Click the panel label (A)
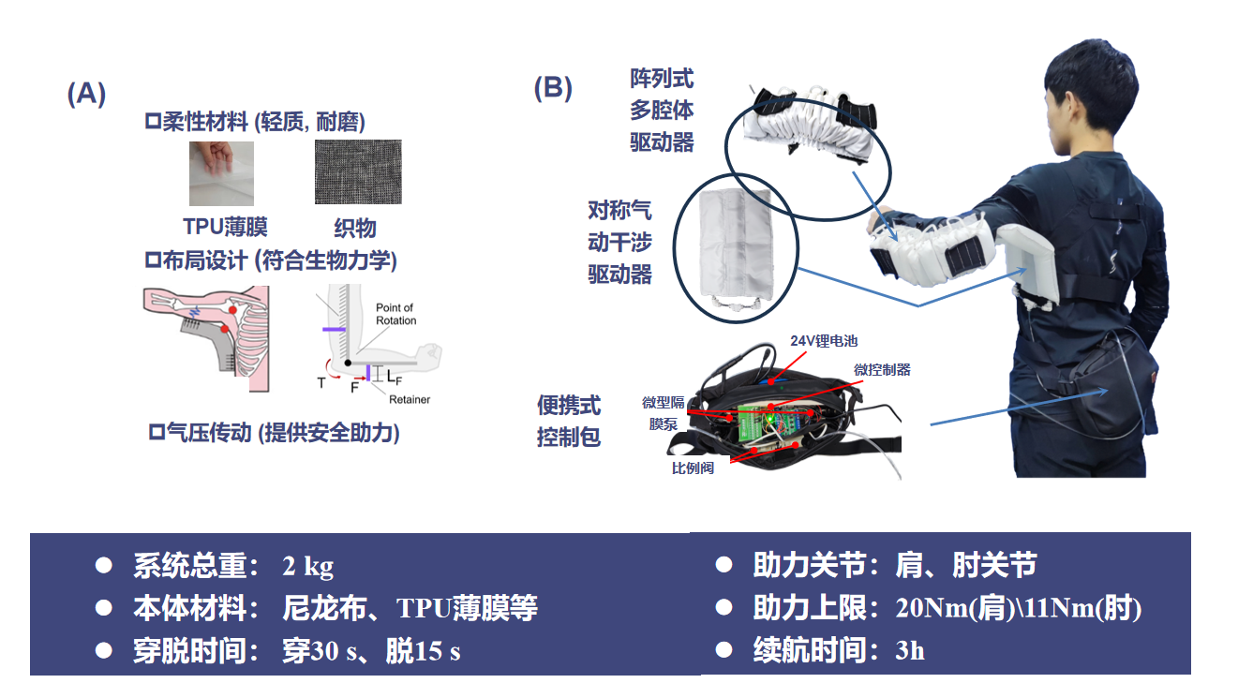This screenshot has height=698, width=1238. pyautogui.click(x=86, y=93)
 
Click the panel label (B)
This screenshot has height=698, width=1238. pyautogui.click(x=553, y=88)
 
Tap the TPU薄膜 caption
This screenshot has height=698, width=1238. pyautogui.click(x=226, y=227)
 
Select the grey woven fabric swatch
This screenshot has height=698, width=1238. pyautogui.click(x=358, y=171)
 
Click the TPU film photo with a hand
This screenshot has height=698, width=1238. pyautogui.click(x=221, y=173)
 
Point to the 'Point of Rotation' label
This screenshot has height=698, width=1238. pyautogui.click(x=395, y=314)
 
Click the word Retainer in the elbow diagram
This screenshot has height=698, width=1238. pyautogui.click(x=409, y=399)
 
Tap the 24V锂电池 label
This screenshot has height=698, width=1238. pyautogui.click(x=824, y=341)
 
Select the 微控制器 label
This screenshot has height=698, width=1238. pyautogui.click(x=882, y=370)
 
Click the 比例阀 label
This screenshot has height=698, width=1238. pyautogui.click(x=693, y=468)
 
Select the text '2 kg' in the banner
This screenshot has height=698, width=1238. pyautogui.click(x=307, y=567)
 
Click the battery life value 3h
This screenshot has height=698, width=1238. pyautogui.click(x=910, y=650)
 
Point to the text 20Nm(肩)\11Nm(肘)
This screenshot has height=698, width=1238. pyautogui.click(x=1018, y=608)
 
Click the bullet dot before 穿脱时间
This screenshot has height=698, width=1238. pyautogui.click(x=104, y=650)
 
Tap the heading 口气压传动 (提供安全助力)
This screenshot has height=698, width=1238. pyautogui.click(x=275, y=433)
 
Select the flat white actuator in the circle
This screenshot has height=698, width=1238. pyautogui.click(x=735, y=245)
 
